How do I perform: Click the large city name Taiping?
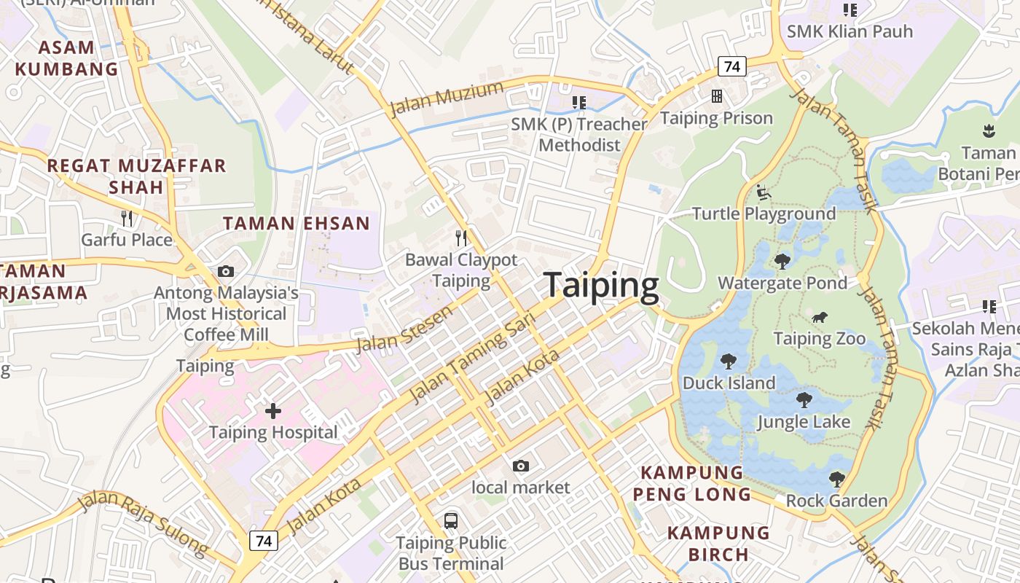601,285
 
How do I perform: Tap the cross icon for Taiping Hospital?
273,411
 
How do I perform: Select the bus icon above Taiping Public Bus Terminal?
451,521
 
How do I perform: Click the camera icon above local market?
520,466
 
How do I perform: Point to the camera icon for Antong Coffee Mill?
226,271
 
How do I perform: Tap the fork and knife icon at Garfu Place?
127,218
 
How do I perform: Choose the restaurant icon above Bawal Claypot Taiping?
460,238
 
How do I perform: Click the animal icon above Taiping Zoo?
820,317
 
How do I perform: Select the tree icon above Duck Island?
728,361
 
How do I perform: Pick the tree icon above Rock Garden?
836,479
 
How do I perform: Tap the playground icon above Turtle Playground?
764,192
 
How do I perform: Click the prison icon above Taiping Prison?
717,96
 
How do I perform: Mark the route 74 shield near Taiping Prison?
732,67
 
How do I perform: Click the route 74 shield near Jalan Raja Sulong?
264,541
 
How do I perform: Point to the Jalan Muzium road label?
447,99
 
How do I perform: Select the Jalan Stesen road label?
404,329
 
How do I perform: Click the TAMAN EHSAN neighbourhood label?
297,223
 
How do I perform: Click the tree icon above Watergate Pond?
782,261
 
